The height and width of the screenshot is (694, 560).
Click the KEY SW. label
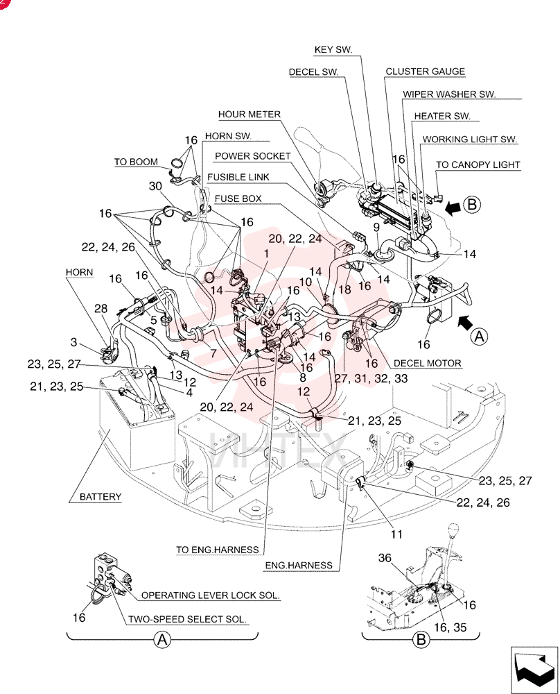(x=333, y=49)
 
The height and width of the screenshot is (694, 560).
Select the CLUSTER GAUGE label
(x=425, y=71)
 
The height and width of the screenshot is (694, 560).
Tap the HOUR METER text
(x=250, y=115)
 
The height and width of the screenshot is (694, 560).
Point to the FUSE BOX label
(x=238, y=198)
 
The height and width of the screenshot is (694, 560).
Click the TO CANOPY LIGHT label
(x=478, y=164)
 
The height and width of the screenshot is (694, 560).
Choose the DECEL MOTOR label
(x=428, y=364)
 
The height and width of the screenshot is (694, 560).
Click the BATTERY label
(x=100, y=497)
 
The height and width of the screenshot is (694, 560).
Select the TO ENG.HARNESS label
(x=218, y=550)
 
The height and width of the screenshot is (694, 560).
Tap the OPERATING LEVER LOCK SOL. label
(x=211, y=595)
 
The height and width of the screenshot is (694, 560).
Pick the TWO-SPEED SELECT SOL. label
(x=187, y=619)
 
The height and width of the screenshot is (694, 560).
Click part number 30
(x=155, y=186)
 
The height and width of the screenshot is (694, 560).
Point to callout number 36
(x=385, y=558)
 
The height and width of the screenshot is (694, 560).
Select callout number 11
(x=396, y=534)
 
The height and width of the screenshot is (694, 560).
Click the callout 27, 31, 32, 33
(x=371, y=378)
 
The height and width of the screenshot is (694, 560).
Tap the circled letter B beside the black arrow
(x=472, y=205)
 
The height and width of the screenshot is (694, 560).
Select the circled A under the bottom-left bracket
(x=162, y=640)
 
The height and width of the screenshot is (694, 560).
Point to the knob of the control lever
(x=453, y=530)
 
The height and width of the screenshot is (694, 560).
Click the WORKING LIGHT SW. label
(x=470, y=139)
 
